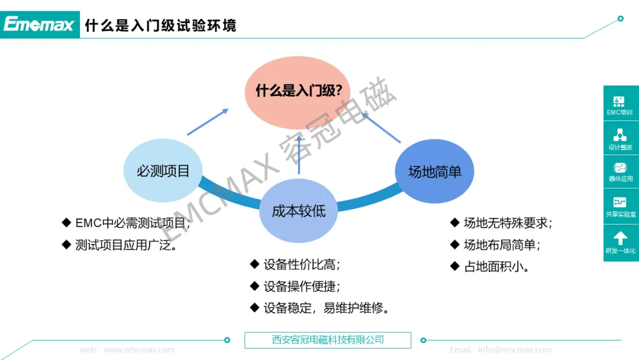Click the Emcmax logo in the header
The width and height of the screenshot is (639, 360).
(x=40, y=24)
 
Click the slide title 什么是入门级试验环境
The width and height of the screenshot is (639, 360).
(x=160, y=25)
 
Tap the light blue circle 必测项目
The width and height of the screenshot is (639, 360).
(x=163, y=171)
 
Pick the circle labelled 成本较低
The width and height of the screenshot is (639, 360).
(x=298, y=211)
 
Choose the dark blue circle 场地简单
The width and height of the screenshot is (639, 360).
(x=434, y=172)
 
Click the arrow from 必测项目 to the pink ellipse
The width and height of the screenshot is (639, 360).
(x=208, y=122)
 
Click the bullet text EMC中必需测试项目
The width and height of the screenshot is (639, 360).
(x=133, y=223)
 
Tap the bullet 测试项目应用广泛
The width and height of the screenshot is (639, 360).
(x=127, y=245)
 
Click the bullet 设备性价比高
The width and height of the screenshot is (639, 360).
(x=302, y=265)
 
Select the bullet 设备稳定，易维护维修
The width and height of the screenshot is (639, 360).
(x=326, y=308)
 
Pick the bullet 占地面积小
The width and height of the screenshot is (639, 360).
(x=496, y=266)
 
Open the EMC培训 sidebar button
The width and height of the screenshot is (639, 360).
(x=619, y=104)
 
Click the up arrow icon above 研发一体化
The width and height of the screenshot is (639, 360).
(x=620, y=238)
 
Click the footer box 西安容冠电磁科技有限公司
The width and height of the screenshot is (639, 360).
(x=328, y=340)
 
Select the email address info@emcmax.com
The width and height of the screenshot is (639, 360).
(x=515, y=349)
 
